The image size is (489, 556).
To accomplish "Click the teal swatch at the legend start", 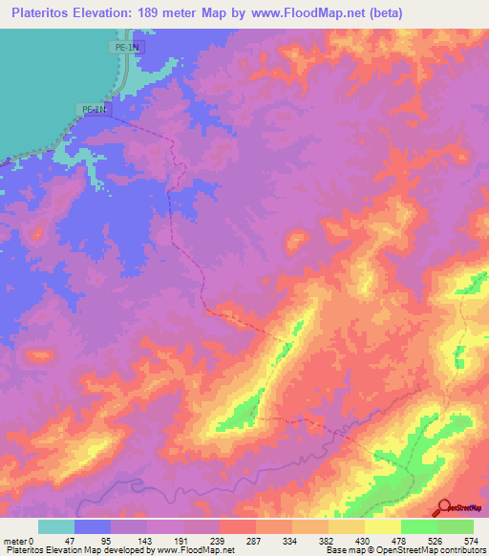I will tap(56, 526).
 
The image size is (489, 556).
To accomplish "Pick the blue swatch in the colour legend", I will tap(93, 526).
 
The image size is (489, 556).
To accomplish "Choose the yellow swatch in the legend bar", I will tap(383, 526).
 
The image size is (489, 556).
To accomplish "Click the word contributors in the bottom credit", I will tap(457, 550).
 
